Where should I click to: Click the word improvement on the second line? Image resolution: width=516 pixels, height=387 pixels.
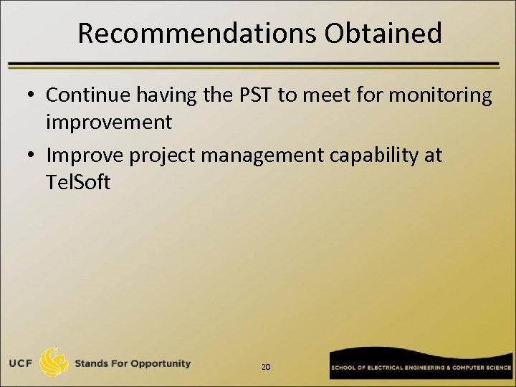109,122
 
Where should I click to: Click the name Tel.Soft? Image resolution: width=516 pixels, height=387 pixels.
78,182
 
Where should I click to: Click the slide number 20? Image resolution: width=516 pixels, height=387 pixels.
266,367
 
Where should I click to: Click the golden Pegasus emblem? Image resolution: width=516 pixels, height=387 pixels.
54,362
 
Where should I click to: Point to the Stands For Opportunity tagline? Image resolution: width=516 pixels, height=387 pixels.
133,363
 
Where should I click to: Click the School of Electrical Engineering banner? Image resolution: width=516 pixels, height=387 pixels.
421,366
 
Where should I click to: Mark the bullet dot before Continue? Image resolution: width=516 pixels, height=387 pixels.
32,96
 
